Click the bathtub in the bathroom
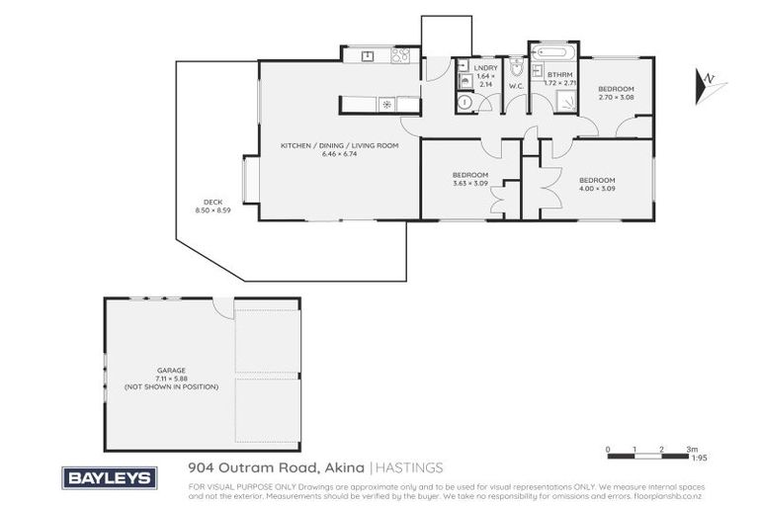[x=551, y=51]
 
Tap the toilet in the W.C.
[x=516, y=70]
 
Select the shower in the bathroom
[x=566, y=99]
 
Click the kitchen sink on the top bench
[x=367, y=56]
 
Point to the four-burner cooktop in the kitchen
[x=400, y=56]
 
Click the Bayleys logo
[x=110, y=477]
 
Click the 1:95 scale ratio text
[x=699, y=458]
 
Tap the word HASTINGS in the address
[x=409, y=467]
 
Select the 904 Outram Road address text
[x=276, y=467]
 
